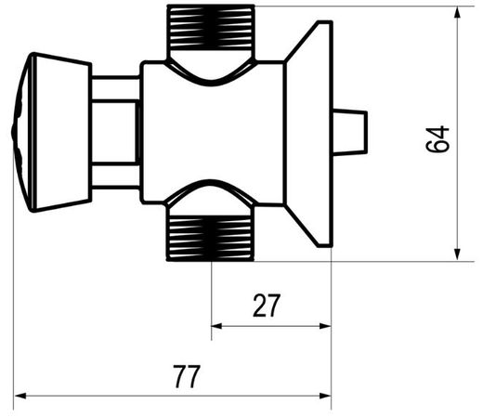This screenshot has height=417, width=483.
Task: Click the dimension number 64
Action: click(x=437, y=138)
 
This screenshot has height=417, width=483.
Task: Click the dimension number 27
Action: click(x=267, y=306)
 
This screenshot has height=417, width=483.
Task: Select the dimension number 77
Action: click(x=187, y=376)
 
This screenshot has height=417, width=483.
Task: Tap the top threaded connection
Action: click(x=211, y=31)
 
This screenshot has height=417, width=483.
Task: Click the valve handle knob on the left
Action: click(x=53, y=132)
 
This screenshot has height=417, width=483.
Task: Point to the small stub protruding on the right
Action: click(x=350, y=132)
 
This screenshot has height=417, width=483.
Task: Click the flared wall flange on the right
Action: click(x=308, y=134)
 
